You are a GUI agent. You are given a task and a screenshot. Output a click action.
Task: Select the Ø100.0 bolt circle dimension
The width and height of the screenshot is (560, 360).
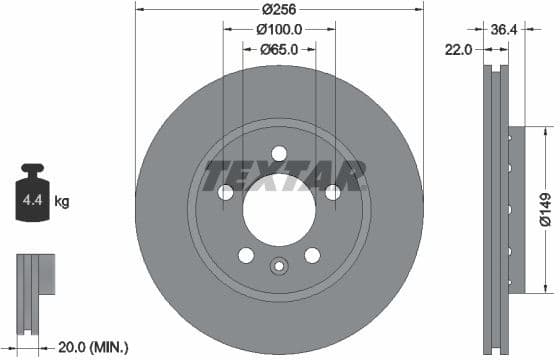(x=279, y=30)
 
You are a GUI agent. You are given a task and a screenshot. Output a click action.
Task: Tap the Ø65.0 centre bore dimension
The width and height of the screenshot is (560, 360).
(x=279, y=49)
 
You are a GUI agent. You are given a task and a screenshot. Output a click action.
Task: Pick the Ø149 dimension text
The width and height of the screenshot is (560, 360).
(x=544, y=209)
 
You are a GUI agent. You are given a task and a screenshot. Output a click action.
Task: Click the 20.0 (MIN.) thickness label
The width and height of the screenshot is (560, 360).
(x=91, y=347)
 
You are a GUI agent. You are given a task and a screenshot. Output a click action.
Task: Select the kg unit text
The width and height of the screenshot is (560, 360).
(x=61, y=202)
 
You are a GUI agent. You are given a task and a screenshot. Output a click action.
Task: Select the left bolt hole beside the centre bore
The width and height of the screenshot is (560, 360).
(x=226, y=192)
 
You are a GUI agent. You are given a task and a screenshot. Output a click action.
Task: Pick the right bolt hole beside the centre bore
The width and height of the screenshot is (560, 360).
(x=332, y=192)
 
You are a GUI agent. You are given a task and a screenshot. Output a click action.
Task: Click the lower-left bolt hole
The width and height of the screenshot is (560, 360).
(x=246, y=255)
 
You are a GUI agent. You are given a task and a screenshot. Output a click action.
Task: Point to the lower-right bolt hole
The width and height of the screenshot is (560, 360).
(x=312, y=255)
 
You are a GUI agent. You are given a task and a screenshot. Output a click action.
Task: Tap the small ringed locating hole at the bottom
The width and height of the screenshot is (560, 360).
(x=279, y=266)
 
